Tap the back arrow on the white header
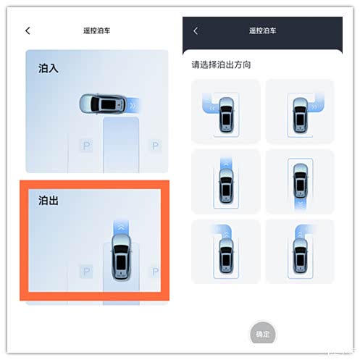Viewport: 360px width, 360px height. click(x=28, y=30)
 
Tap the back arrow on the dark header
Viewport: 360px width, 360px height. click(x=196, y=30)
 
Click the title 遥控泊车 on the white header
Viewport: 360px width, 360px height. click(x=96, y=30)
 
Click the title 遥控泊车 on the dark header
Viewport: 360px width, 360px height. click(x=262, y=30)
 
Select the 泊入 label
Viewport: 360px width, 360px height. click(x=49, y=68)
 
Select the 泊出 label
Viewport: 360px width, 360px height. click(x=49, y=201)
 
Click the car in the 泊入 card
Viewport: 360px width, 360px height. click(x=103, y=104)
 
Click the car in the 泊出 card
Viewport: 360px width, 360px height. click(x=121, y=257)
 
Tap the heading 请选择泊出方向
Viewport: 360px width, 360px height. click(x=221, y=64)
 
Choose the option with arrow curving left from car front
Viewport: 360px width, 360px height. click(x=226, y=112)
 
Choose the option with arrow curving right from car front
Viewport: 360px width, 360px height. click(x=300, y=112)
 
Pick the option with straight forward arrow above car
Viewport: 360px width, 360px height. click(x=226, y=182)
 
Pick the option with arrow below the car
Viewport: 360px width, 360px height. click(x=300, y=182)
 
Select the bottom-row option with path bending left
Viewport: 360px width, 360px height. click(x=226, y=251)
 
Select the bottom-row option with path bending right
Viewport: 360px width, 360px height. click(x=300, y=251)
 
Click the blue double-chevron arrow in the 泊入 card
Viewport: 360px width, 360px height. click(x=133, y=106)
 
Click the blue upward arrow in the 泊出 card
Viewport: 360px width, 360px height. click(x=121, y=227)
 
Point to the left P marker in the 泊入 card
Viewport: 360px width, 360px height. click(x=86, y=146)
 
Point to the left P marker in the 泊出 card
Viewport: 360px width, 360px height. click(x=86, y=272)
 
